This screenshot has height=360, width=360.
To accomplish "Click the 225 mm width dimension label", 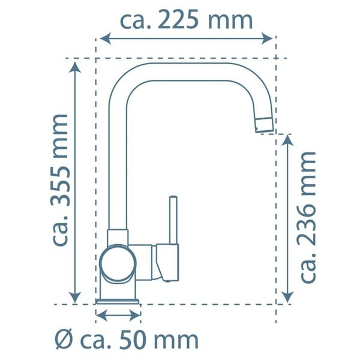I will coord(186,20).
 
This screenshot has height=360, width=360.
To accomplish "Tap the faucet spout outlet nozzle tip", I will coord(265,125).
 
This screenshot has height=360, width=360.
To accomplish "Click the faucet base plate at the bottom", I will coord(118,300).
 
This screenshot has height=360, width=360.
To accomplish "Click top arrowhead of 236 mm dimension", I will coord(287,141).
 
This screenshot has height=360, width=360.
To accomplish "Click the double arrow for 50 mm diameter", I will coord(118,314).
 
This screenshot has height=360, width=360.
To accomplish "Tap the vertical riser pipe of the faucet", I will coord(118,168).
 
